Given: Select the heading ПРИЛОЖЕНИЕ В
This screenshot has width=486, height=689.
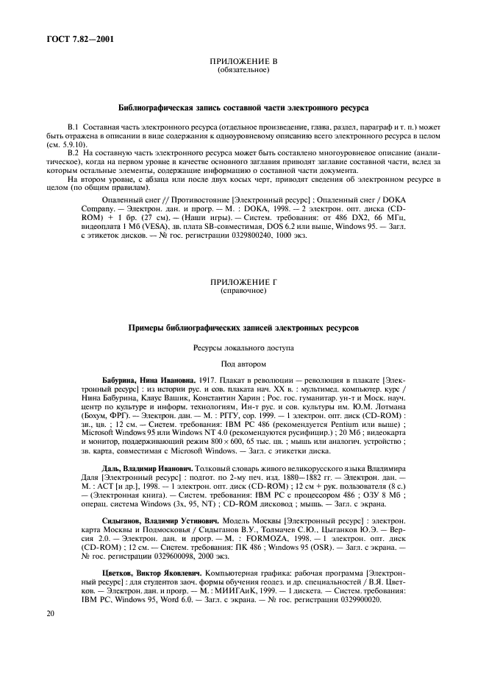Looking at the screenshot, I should coord(243,62).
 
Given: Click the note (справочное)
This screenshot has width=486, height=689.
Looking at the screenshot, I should coord(243,291).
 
